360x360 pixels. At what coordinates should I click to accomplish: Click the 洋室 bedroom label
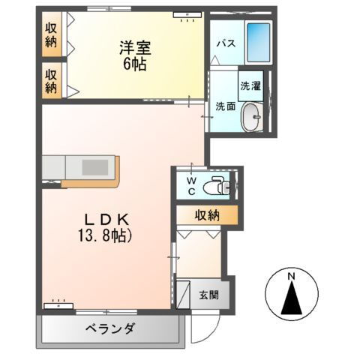point(135,48)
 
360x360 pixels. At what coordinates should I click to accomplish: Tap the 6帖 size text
point(135,64)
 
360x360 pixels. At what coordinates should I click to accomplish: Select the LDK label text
point(108,220)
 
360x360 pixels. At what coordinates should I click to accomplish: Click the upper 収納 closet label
point(51,34)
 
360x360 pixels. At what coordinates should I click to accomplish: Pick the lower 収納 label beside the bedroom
point(51,80)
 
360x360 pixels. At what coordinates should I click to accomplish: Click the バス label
point(226,43)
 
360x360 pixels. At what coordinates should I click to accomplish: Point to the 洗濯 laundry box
point(250,86)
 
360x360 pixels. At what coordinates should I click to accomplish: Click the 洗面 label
point(225,106)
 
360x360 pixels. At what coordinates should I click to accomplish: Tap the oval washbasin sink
point(253,116)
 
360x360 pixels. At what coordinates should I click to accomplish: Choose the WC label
point(191,185)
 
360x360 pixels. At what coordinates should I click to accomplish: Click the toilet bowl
point(217,182)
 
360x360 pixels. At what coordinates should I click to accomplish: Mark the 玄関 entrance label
point(209,294)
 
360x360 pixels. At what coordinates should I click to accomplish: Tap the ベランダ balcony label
point(109,328)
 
